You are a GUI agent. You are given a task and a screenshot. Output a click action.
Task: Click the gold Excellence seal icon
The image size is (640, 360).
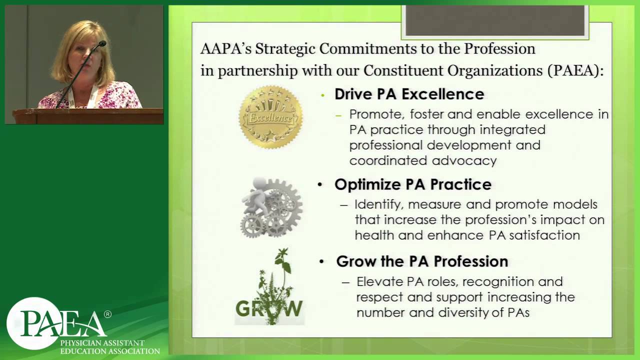pos(270,117)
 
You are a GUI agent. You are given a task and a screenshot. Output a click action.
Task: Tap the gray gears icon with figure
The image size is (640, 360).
pos(271,206)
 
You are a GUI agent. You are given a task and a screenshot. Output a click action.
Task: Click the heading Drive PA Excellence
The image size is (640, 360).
pos(409,94)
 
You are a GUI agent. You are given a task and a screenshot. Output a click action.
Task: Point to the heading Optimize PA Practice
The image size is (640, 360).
pos(412,184)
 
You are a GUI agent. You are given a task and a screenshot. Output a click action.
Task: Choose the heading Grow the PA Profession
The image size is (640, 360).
pos(422,261)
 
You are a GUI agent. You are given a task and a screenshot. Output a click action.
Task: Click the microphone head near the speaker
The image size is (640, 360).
pos(102,44)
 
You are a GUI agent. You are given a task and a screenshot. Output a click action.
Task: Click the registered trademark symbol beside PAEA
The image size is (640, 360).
pos(107,314)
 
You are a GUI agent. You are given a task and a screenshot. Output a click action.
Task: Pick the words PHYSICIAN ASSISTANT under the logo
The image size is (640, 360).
pos(102,343)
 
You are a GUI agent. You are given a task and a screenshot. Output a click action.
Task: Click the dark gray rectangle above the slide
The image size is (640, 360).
pos(495,21)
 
